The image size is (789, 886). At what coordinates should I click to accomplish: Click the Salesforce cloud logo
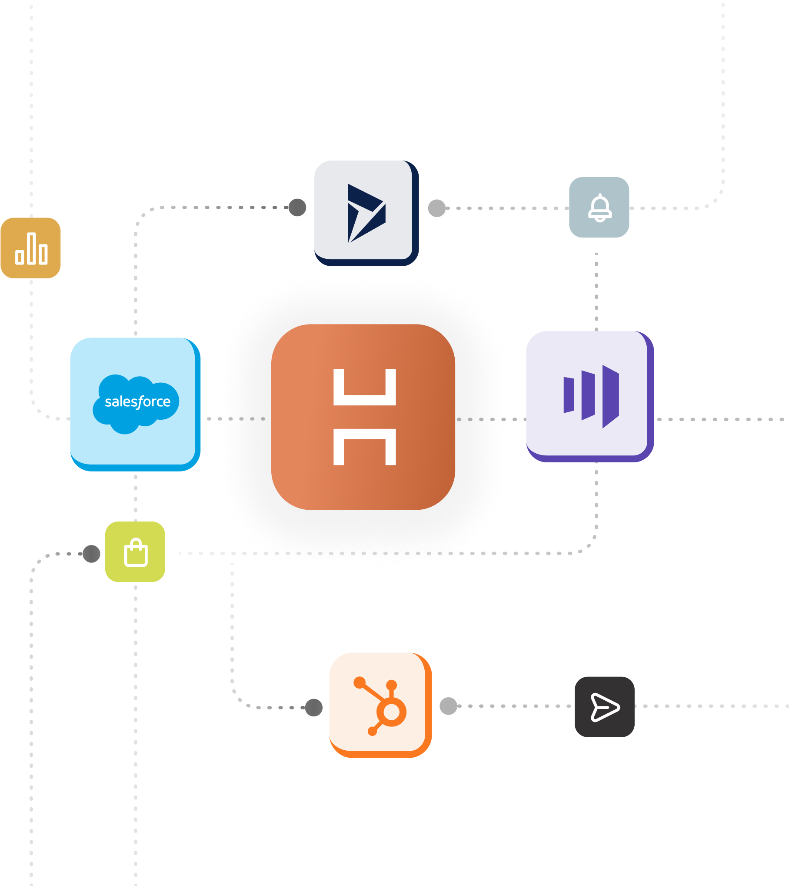136,404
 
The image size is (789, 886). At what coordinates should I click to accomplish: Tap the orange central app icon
363,417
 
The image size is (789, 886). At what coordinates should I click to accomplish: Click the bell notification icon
599,208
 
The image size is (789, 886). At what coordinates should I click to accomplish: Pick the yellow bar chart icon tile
31,248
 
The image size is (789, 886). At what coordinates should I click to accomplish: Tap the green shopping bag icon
136,552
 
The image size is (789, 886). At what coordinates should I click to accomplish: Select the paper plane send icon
604,707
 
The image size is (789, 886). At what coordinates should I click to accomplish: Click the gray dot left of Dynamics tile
297,207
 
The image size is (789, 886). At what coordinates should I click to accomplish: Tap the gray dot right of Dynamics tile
436,208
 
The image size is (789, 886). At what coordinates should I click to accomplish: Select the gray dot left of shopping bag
91,554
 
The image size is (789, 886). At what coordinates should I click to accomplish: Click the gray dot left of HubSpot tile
313,707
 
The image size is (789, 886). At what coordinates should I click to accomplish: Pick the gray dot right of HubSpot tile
448,706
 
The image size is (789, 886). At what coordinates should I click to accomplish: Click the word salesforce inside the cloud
137,401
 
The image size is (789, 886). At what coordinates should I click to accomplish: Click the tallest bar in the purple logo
610,396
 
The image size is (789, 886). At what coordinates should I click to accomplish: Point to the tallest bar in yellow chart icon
31,248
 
